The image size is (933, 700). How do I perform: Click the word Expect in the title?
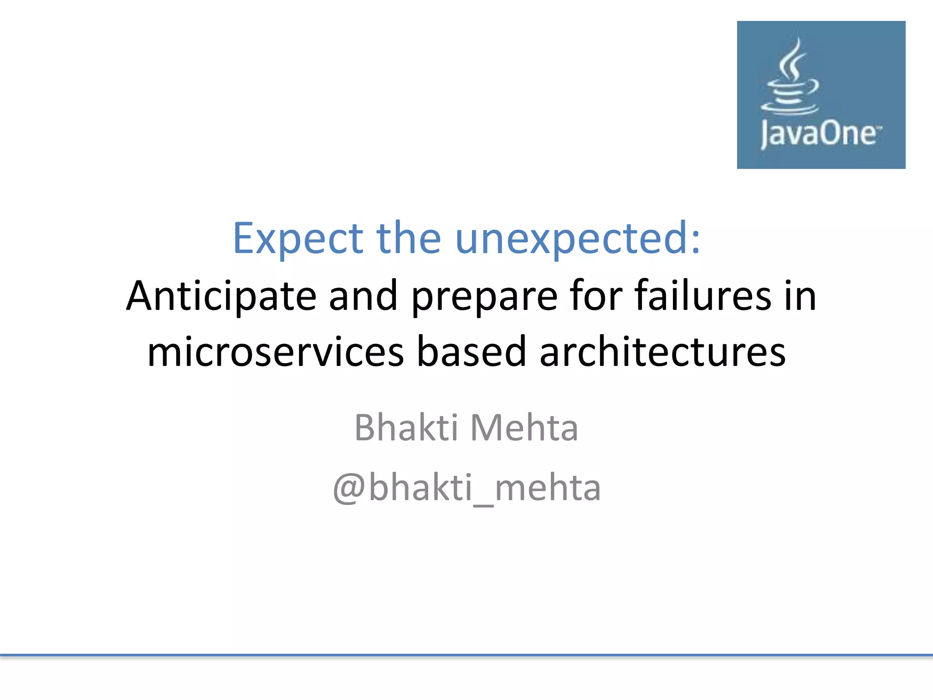[297, 238]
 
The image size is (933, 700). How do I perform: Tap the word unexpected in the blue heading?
[572, 238]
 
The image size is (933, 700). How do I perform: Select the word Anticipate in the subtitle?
[221, 296]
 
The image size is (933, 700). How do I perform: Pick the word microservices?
[276, 352]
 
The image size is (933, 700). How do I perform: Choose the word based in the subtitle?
[472, 352]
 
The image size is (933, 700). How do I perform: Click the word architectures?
[662, 352]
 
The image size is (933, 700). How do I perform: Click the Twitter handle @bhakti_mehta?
[466, 488]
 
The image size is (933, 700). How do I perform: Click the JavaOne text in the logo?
[820, 134]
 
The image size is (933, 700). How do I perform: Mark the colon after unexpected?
[695, 242]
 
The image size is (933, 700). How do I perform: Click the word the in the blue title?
[408, 238]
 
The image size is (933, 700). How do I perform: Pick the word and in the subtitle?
[363, 296]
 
